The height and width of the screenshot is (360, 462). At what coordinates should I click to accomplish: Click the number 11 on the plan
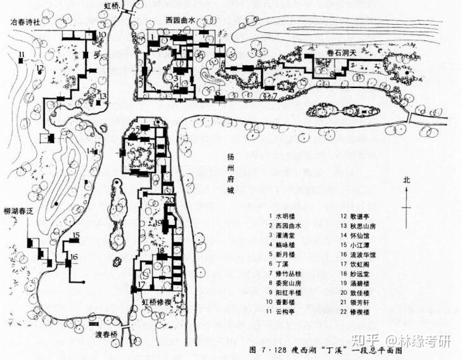21,54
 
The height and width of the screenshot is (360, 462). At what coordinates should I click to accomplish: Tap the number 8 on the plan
331,74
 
